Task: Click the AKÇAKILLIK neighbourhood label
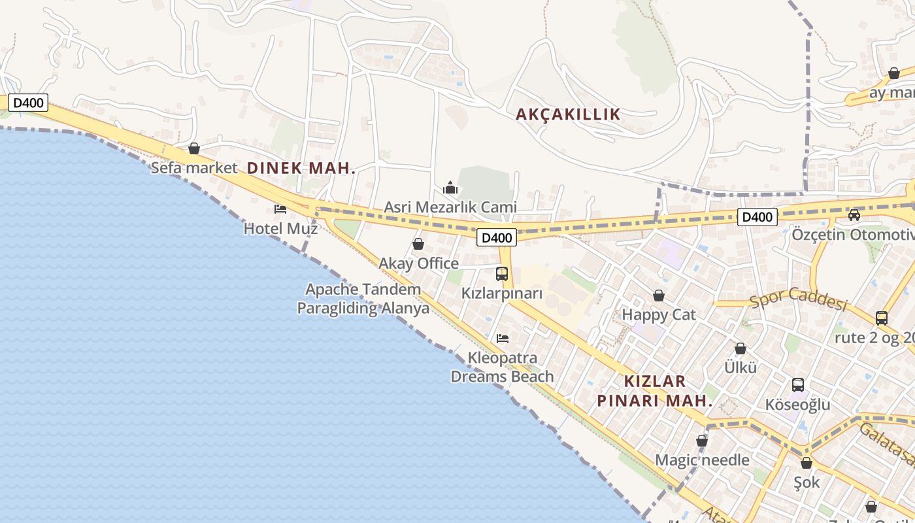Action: [568, 114]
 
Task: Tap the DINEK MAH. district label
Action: [301, 168]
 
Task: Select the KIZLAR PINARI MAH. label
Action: [654, 391]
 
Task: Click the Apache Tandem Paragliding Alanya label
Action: [363, 299]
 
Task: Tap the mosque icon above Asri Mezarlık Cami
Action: [450, 188]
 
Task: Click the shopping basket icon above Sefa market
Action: [194, 148]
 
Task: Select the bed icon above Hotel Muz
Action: [280, 209]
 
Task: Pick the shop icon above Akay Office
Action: [418, 244]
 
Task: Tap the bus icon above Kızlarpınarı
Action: [502, 274]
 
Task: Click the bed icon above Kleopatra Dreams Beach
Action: [503, 338]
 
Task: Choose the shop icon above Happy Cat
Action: [659, 295]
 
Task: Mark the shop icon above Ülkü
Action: [740, 348]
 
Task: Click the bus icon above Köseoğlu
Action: [797, 385]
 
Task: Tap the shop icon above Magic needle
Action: [702, 441]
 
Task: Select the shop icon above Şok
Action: [807, 463]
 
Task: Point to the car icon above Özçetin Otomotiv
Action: [854, 214]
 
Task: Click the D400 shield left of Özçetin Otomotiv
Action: [757, 217]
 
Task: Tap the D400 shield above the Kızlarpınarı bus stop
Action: [497, 237]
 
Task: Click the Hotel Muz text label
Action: [280, 229]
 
